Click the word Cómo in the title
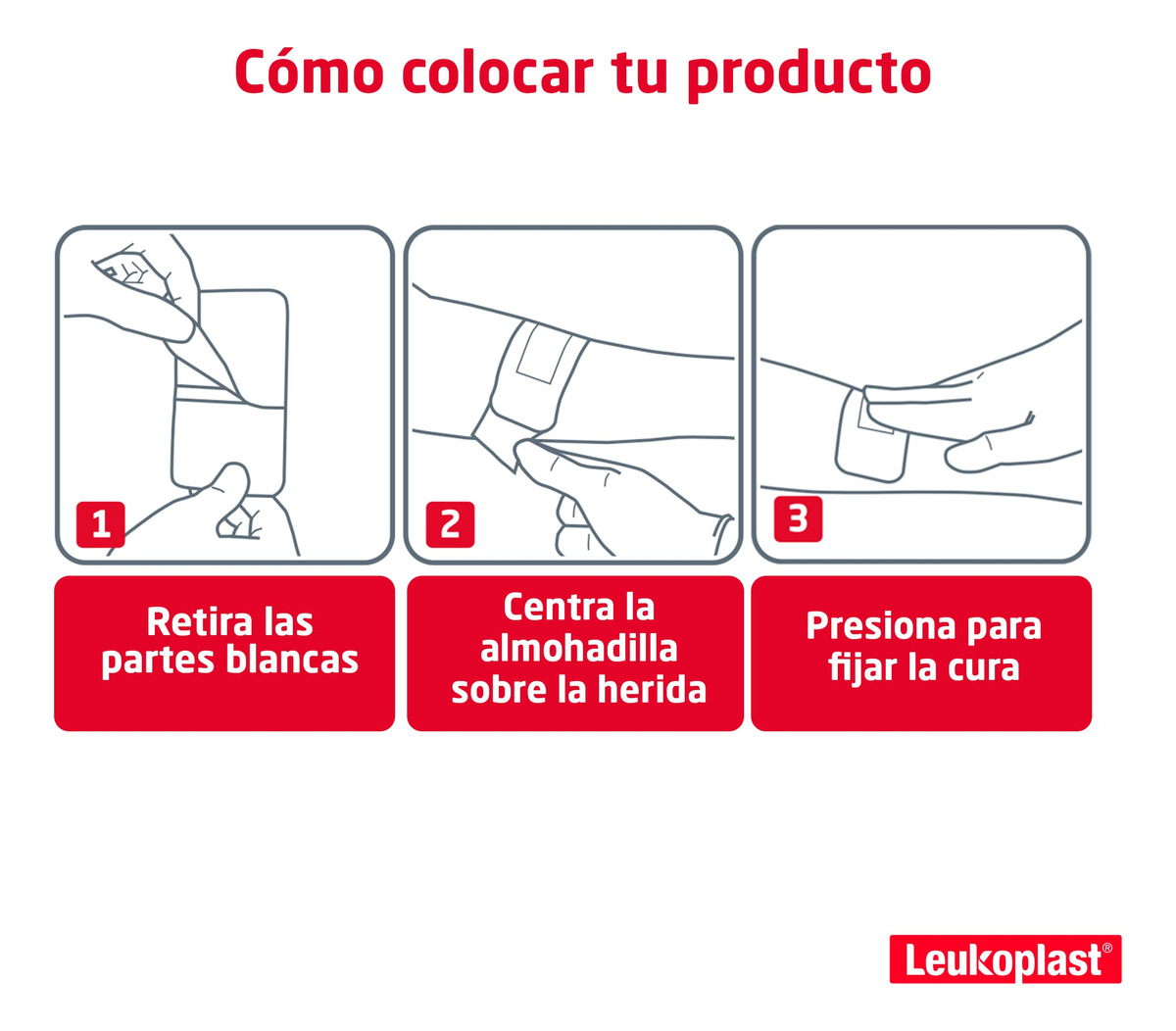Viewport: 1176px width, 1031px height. (x=309, y=71)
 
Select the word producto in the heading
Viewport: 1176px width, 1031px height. (x=809, y=75)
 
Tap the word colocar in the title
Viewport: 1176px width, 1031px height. (x=498, y=72)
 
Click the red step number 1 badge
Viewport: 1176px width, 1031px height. (x=100, y=524)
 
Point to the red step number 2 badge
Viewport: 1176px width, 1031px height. (x=450, y=524)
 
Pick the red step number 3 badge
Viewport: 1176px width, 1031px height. (x=798, y=519)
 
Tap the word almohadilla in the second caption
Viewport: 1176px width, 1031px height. (x=579, y=648)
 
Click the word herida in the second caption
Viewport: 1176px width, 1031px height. (x=652, y=690)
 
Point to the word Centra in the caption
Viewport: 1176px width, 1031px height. (x=559, y=608)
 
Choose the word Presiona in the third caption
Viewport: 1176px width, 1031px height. (x=881, y=626)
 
